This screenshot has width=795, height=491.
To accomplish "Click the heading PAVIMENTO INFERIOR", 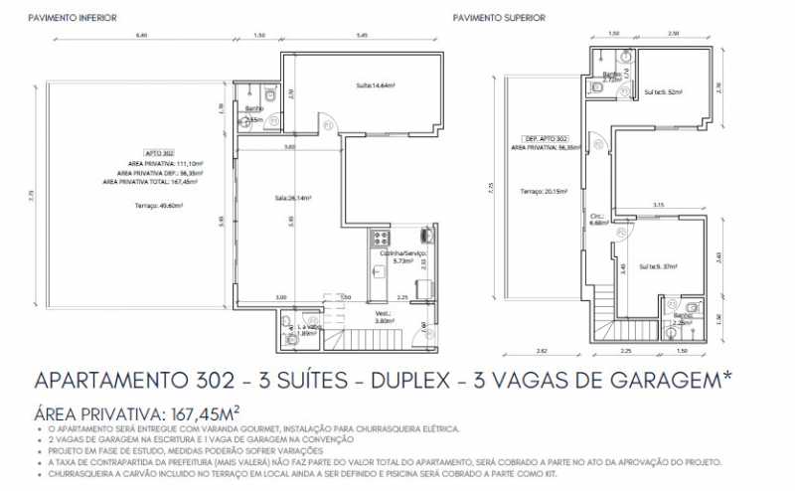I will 73,18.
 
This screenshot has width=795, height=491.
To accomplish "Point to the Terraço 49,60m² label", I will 154,206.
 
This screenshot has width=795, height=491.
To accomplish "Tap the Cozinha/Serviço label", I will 402,254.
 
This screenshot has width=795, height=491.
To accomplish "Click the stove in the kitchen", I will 379,238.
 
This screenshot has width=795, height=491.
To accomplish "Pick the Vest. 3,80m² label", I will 384,318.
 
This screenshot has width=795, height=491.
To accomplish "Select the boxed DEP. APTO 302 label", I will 546,137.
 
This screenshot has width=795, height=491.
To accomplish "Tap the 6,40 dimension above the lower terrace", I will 142,36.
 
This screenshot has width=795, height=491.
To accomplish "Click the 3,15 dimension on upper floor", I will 658,205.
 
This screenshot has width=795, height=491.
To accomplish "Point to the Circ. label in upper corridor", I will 597,218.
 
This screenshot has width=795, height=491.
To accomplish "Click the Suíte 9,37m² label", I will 658,266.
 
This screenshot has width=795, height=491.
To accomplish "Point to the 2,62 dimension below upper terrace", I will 541,351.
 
